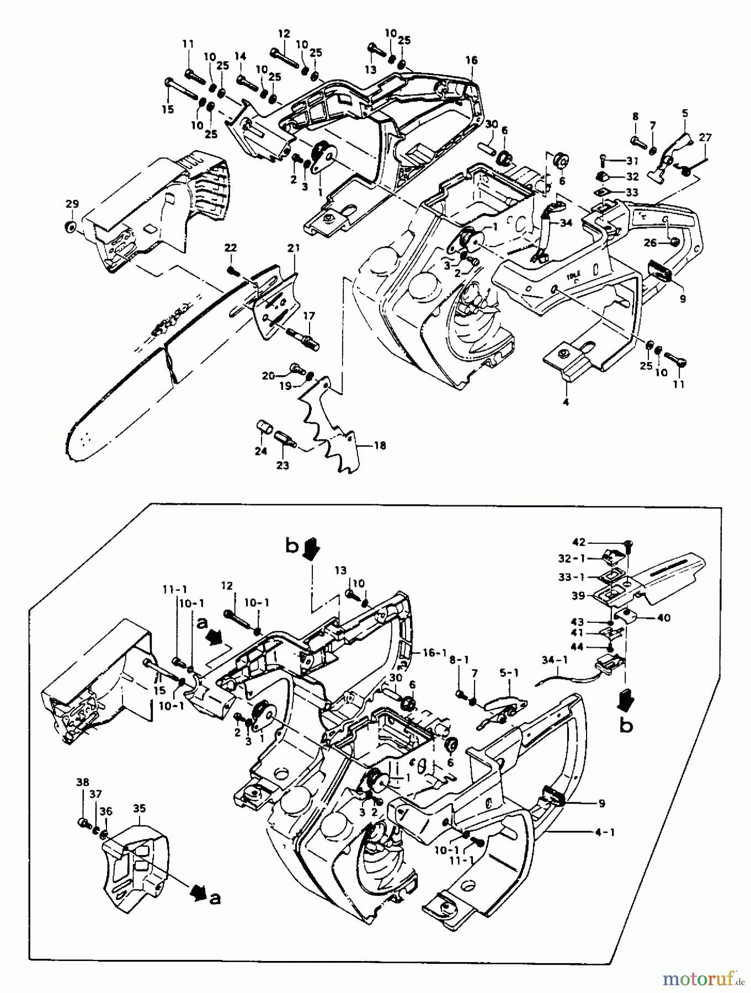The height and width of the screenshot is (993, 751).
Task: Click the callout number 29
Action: [72, 204]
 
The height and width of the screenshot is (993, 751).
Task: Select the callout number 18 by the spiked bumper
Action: [380, 445]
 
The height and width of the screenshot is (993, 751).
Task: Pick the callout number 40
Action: [663, 617]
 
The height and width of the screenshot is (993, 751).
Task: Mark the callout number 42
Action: [579, 542]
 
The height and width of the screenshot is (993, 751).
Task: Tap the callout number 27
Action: [705, 137]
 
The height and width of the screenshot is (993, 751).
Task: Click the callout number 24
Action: [260, 451]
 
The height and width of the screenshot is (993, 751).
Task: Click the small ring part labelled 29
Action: [70, 227]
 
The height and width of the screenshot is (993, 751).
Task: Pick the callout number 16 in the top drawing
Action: [471, 60]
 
